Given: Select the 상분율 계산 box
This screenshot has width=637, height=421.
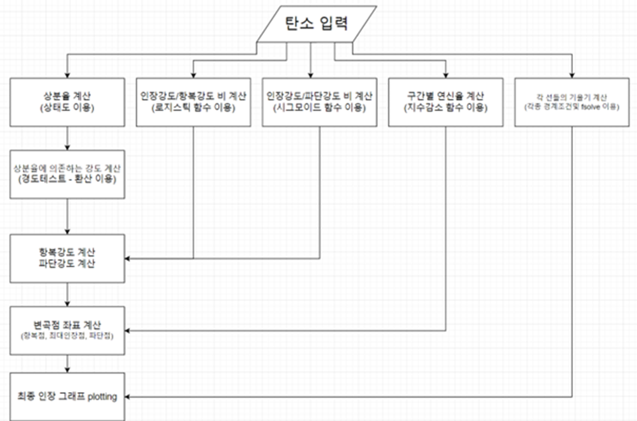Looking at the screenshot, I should [68, 101].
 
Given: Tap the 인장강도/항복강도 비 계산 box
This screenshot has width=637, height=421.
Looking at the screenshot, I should [193, 101].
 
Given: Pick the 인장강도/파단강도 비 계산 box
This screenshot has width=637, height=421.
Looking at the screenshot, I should [320, 101].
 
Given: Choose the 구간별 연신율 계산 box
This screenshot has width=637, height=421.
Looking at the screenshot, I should [446, 101].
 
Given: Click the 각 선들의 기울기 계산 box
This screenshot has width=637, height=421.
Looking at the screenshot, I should [572, 101].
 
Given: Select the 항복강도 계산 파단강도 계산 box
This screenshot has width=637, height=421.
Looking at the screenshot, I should [68, 258].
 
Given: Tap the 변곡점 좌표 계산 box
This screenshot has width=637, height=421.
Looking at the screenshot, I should [68, 330].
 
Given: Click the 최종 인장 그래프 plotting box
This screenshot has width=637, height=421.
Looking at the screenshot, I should [68, 397].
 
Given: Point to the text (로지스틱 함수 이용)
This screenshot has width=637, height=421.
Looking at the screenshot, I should [193, 108].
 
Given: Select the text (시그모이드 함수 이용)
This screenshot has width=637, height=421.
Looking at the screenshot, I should [320, 108].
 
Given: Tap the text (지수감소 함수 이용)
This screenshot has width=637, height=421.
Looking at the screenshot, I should [446, 108].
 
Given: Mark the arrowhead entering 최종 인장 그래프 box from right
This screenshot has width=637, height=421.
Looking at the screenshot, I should [129, 397].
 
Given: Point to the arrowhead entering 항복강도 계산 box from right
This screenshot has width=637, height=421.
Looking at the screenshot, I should [129, 258].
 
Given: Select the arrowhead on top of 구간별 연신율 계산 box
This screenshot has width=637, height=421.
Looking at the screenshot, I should [446, 74].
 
